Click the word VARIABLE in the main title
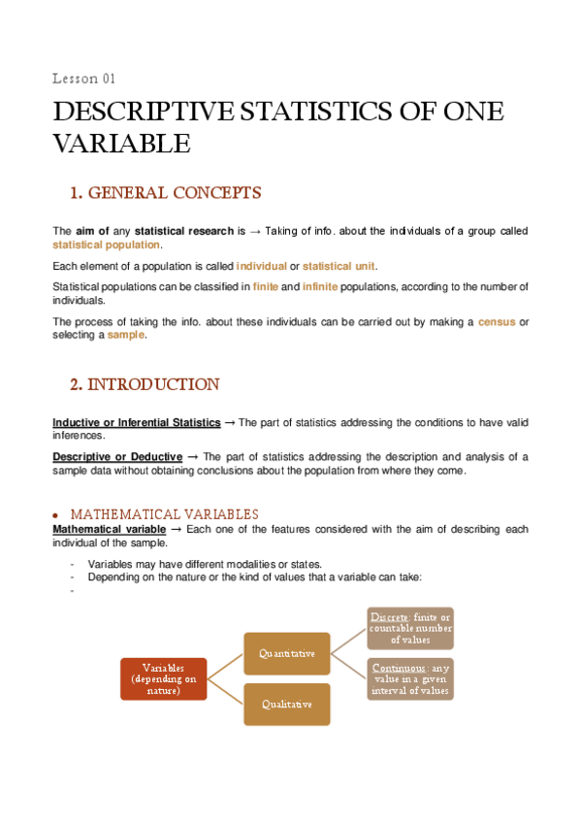[x=120, y=145]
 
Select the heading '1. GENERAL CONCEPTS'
[x=165, y=193]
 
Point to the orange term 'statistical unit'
[x=339, y=266]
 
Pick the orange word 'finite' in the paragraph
[x=265, y=286]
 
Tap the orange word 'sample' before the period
[x=126, y=334]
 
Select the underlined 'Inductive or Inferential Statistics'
[x=136, y=422]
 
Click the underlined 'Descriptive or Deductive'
[x=117, y=456]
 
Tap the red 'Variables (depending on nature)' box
[x=162, y=679]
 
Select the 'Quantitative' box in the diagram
[x=286, y=653]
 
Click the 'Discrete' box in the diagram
[x=408, y=628]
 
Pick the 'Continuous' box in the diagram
[x=408, y=678]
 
